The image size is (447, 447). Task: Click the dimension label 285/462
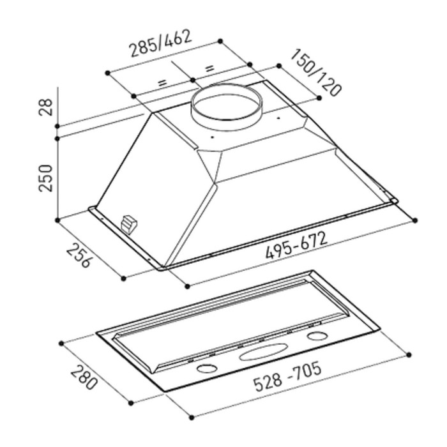[161, 43]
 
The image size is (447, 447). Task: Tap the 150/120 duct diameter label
[315, 72]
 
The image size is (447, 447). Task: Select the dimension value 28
[46, 107]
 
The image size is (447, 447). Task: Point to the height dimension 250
[46, 178]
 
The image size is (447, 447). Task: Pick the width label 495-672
[296, 245]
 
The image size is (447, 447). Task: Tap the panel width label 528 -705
[287, 377]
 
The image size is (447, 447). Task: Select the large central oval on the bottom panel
[263, 352]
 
